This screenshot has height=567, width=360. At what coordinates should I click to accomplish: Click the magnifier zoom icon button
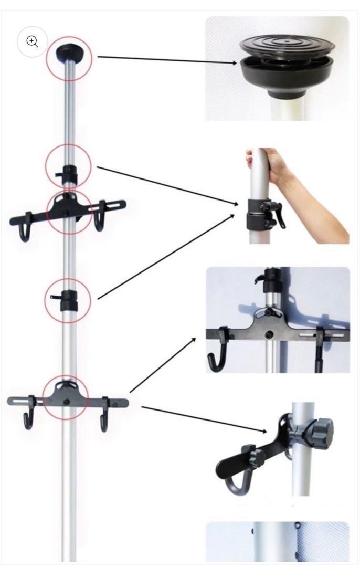(x=33, y=41)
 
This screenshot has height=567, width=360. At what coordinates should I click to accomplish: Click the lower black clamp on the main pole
(x=68, y=301)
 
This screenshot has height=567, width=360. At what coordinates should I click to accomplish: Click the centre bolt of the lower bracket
(x=67, y=402)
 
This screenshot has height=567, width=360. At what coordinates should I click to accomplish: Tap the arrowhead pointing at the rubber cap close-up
(x=237, y=64)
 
